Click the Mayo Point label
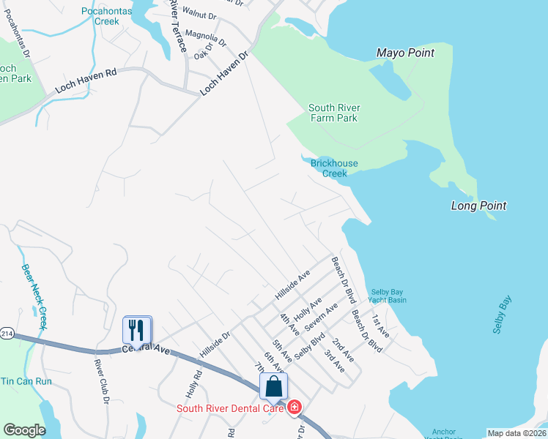(405, 53)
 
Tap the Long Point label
(478, 206)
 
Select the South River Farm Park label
(333, 113)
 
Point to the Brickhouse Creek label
(334, 168)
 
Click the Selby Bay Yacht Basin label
(388, 296)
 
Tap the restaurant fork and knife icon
(136, 329)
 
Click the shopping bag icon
(273, 386)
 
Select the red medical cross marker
(295, 407)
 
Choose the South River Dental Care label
(229, 408)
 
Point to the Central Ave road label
(147, 349)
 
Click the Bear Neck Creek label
(34, 296)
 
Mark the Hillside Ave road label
(293, 285)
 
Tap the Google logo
(24, 430)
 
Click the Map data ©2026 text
(516, 433)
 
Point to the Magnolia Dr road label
(206, 34)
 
